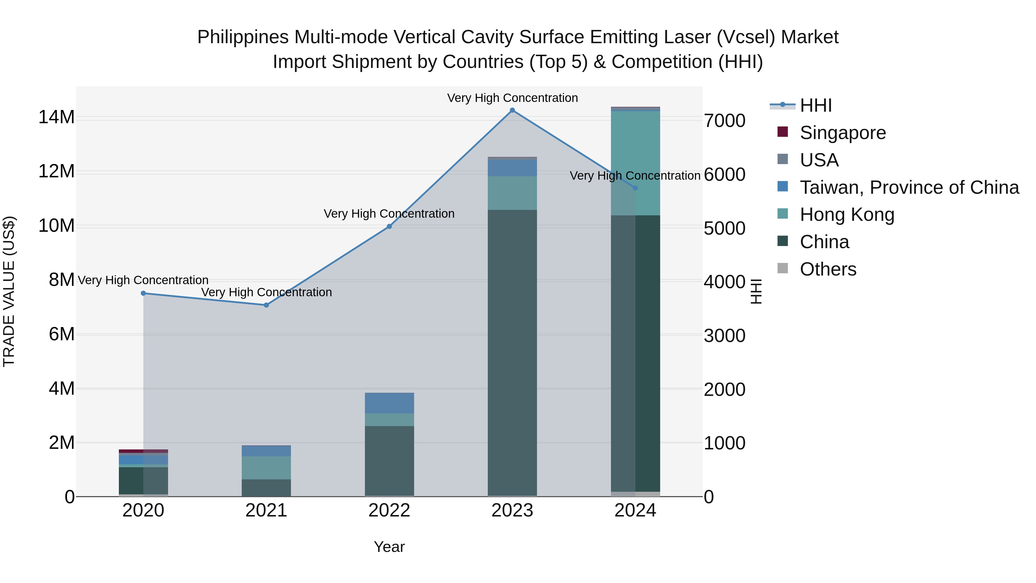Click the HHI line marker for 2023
512,110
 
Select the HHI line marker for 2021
266,305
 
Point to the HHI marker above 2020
143,293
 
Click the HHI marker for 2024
635,188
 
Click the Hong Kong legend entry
847,214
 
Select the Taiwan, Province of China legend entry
909,187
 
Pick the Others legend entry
828,269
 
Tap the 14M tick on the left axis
56,117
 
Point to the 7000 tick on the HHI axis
724,121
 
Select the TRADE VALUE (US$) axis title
9,291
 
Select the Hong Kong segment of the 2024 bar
635,163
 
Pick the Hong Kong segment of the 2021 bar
266,467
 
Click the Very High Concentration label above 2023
512,98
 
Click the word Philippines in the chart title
243,37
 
